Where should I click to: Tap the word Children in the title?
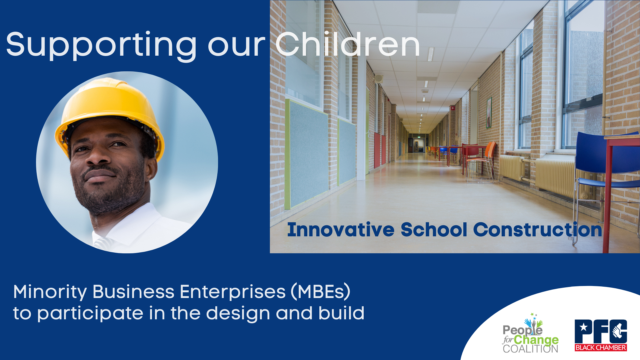(x=347, y=44)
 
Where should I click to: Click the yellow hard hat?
(x=110, y=113)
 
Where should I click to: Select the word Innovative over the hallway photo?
(x=341, y=230)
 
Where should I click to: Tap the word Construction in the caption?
(x=537, y=230)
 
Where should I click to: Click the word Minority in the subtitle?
(x=50, y=292)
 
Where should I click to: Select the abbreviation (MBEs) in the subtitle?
(x=321, y=292)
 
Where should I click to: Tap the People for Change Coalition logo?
(x=531, y=333)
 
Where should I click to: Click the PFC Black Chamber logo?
(x=601, y=335)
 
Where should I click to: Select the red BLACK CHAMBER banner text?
(x=601, y=348)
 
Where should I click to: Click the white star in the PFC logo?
(x=584, y=327)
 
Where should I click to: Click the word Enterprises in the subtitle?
(x=233, y=292)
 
